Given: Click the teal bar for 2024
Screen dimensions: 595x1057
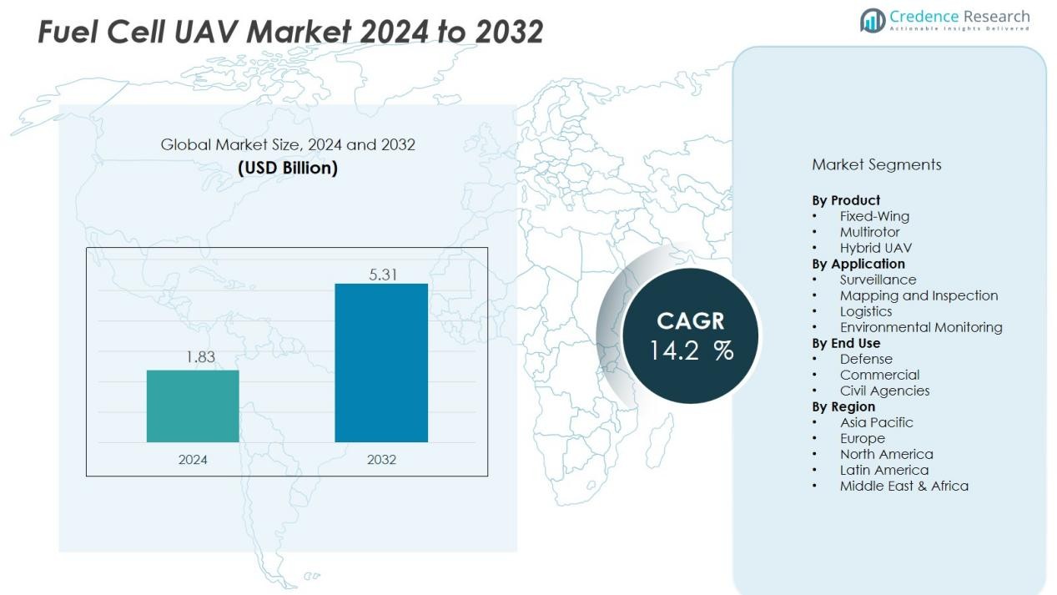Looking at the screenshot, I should pos(193,406).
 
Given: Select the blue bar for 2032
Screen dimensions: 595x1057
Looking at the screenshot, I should pos(381,362).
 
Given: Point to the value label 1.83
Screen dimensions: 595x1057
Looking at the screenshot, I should pos(200,357).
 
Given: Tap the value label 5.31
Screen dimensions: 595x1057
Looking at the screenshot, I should pos(383,274).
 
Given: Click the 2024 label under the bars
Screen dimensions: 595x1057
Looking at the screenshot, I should pos(193,460).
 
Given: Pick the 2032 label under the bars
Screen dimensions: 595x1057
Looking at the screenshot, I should pos(381,460).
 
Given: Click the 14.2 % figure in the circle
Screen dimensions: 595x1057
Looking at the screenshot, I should pos(691,350).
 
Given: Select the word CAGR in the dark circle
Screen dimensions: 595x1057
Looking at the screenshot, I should pos(691,321).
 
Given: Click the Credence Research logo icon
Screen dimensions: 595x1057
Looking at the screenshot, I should pos(873,20).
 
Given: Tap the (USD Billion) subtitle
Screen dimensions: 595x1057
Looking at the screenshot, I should pos(288,168).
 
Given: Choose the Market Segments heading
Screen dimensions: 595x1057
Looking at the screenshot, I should pos(876,164).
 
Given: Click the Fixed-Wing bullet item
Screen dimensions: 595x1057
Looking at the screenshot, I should pos(874,216).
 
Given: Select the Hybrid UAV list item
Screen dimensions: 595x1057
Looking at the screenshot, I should pos(875,248).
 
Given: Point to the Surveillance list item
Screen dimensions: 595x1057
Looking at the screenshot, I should pos(878,280).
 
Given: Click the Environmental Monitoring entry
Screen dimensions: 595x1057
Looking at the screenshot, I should pos(921,327).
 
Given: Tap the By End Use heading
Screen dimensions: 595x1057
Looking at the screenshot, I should pos(846,343).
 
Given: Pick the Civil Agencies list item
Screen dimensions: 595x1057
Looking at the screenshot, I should pos(884,391).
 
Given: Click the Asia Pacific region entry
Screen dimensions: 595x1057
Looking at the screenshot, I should pos(876,422).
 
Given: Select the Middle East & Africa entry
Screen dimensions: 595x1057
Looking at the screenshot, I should pos(903,486).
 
